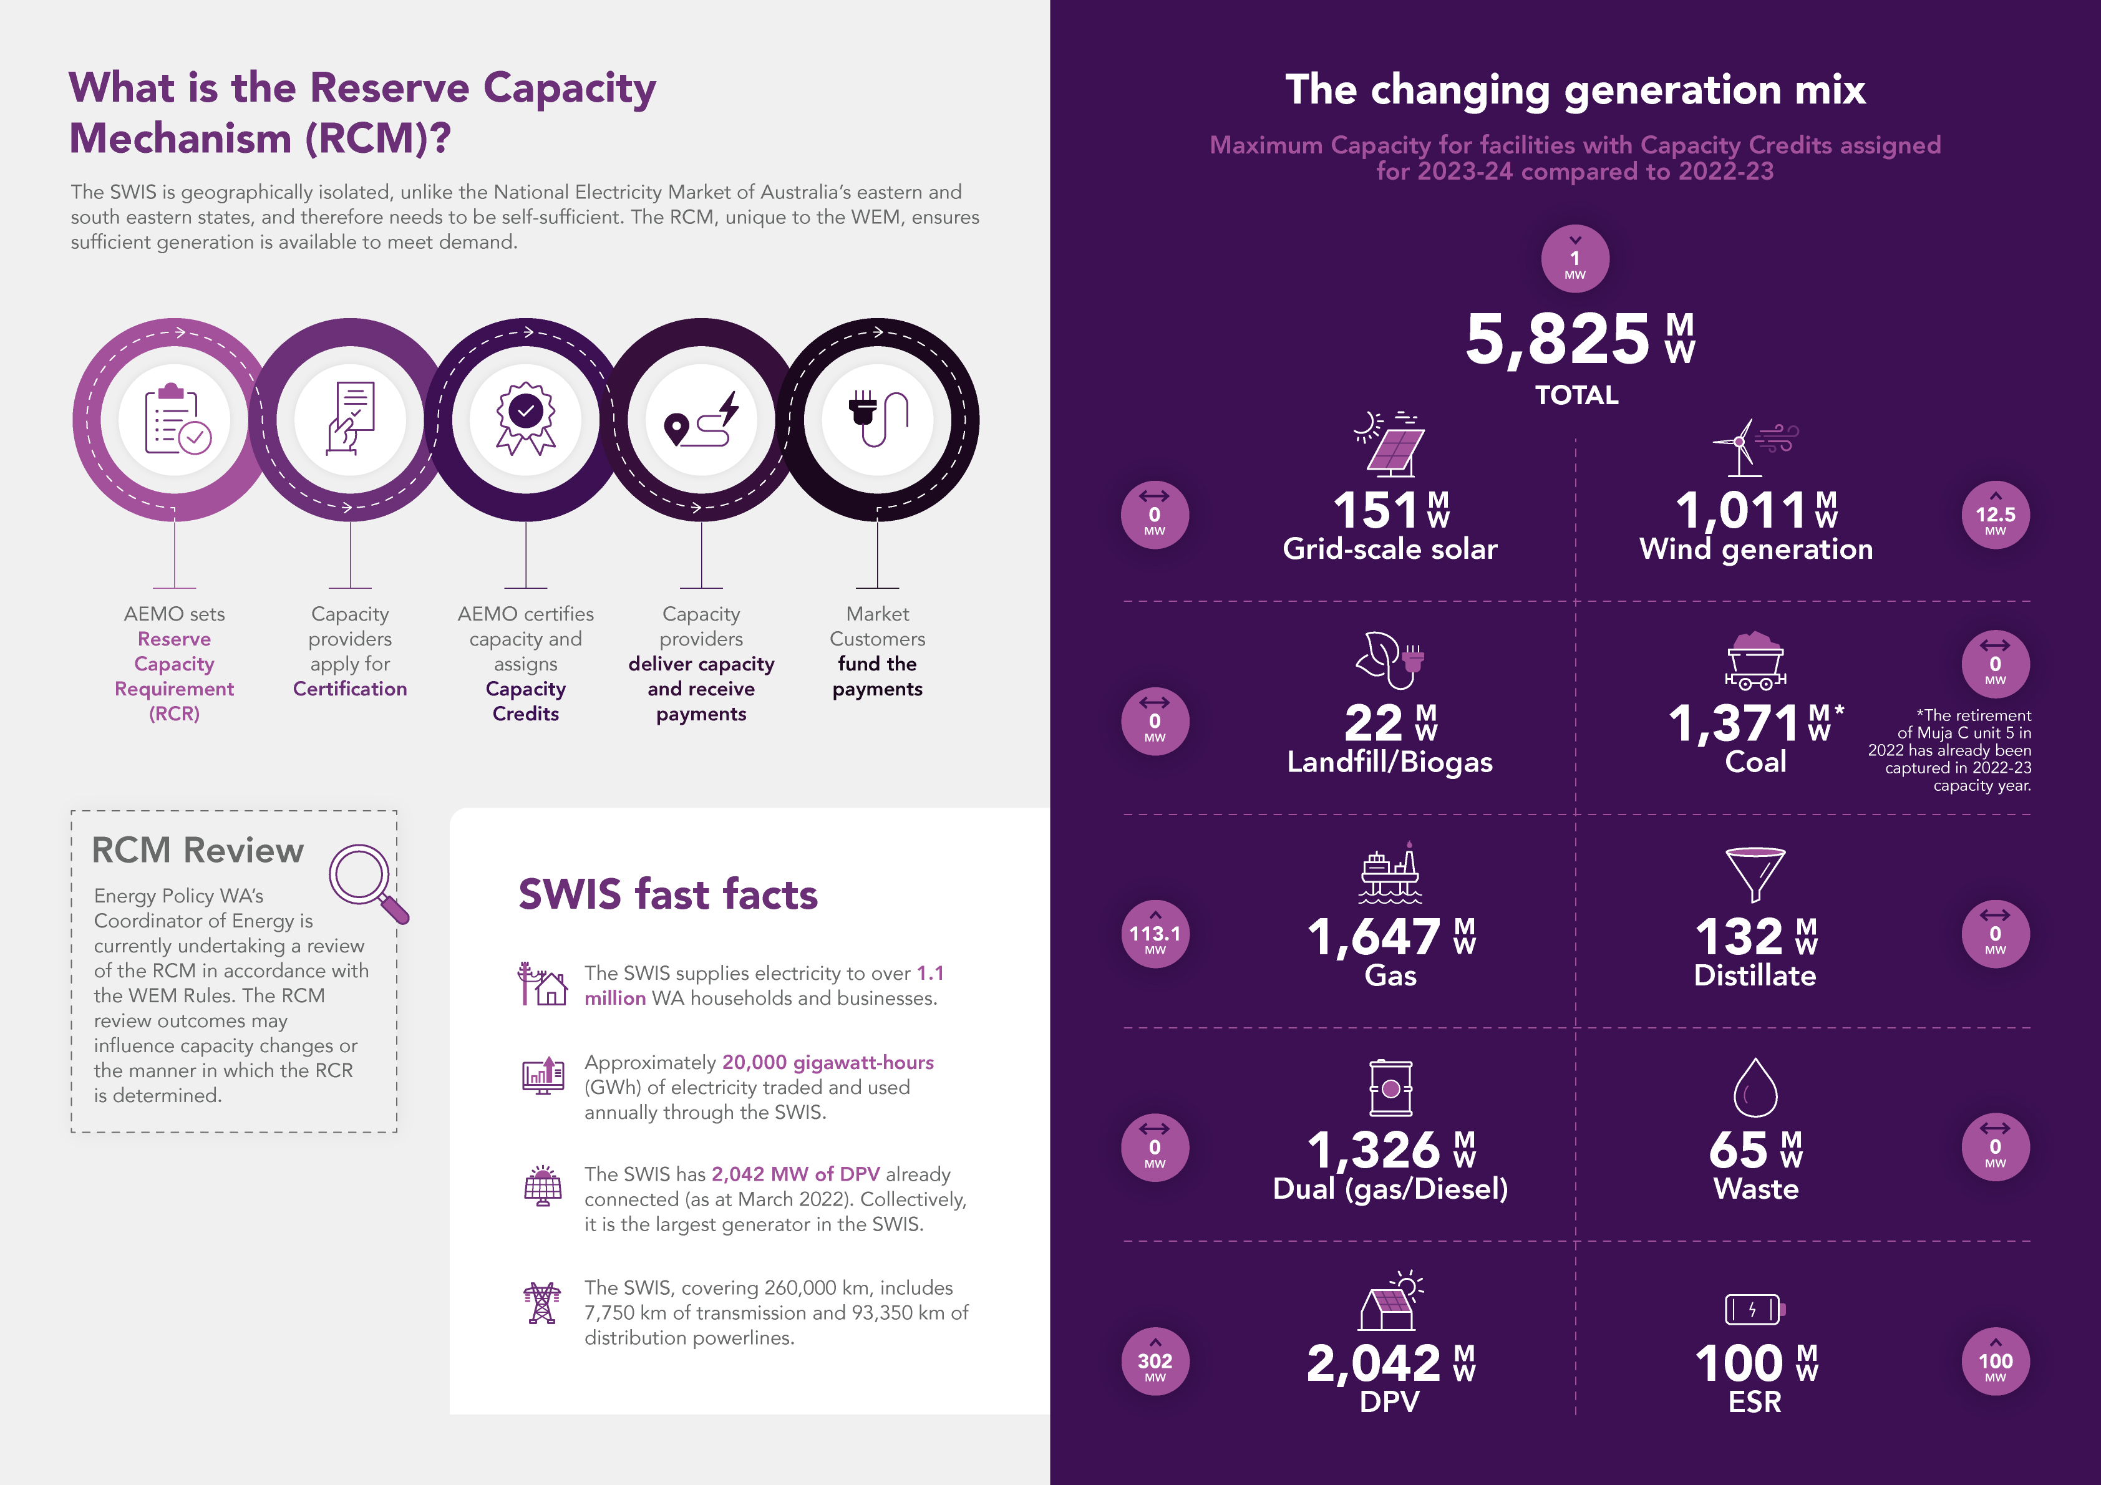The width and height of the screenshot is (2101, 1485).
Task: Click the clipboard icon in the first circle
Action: (x=176, y=419)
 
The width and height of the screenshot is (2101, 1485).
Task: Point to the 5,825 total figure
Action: (x=1558, y=339)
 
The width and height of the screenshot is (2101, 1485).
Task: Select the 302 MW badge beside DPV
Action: (x=1155, y=1362)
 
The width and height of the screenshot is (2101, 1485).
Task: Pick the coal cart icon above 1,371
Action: (x=1755, y=660)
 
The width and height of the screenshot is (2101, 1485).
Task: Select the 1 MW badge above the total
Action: (x=1575, y=259)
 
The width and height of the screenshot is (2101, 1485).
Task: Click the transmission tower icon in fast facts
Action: (x=541, y=1303)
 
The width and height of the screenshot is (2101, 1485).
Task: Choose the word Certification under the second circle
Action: (x=349, y=689)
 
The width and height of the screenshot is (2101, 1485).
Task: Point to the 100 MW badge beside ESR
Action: (x=1995, y=1362)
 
